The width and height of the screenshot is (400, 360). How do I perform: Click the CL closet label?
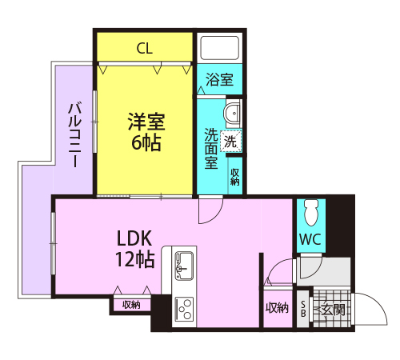[x=144, y=48]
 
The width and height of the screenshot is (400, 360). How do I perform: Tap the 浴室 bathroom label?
[x=220, y=80]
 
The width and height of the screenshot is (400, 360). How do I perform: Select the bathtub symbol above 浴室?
[x=220, y=48]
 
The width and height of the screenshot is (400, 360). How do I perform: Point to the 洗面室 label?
[x=211, y=149]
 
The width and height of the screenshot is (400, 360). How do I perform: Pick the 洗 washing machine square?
[x=230, y=142]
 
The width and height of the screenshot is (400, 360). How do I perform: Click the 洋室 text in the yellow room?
[x=146, y=122]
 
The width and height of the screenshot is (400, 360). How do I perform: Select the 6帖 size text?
[x=146, y=144]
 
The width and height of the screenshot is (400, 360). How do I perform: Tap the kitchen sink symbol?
[x=183, y=262]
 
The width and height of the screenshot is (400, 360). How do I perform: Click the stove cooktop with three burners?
[x=184, y=308]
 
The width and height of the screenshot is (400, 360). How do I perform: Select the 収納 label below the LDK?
[x=132, y=305]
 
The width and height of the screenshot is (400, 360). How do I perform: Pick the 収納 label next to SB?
[x=277, y=308]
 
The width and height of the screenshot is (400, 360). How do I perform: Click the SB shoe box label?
[x=303, y=308]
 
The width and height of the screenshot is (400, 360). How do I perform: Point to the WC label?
[x=310, y=239]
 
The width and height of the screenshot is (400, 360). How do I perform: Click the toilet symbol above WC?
[x=312, y=210]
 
